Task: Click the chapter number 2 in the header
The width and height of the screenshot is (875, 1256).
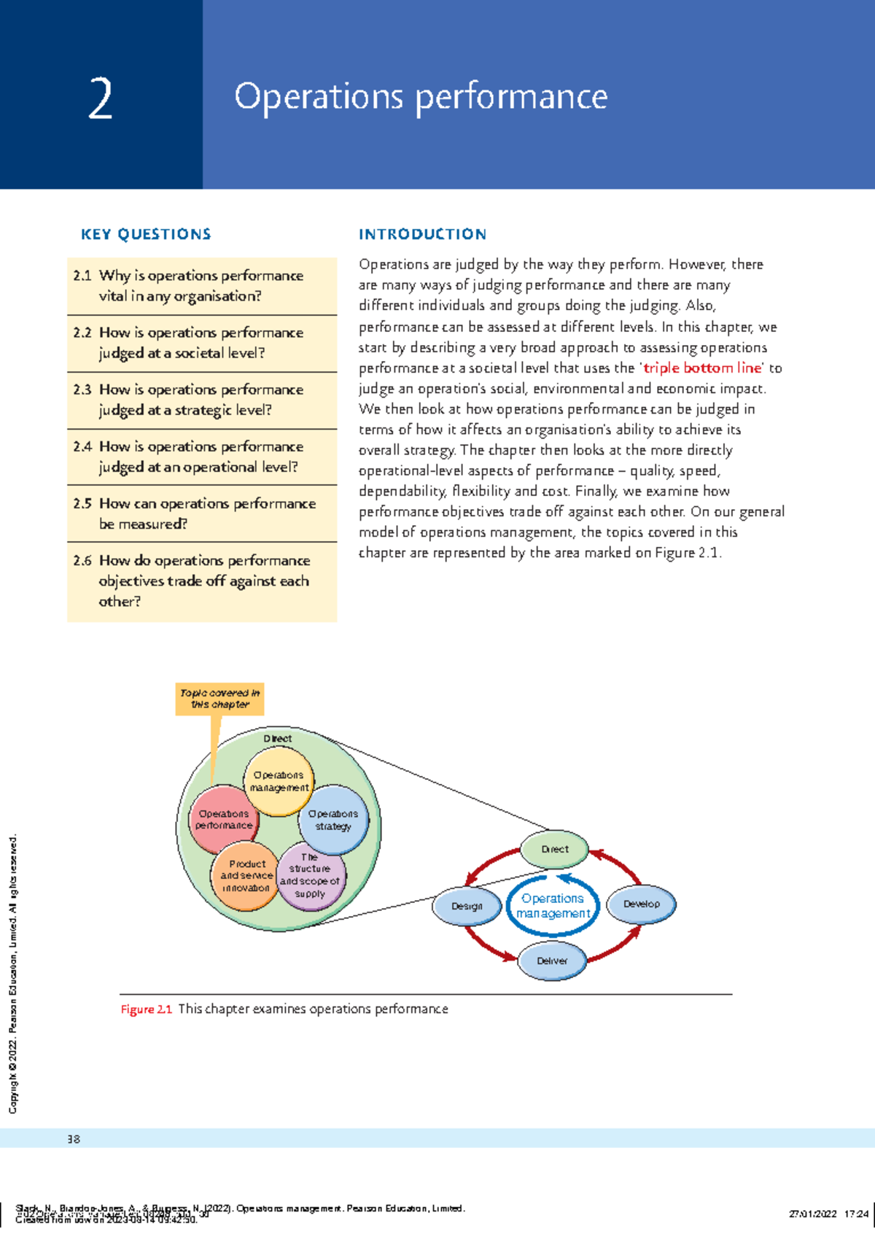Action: click(101, 99)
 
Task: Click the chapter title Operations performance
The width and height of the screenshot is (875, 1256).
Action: click(421, 97)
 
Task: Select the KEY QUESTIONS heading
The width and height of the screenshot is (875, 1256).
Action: click(146, 234)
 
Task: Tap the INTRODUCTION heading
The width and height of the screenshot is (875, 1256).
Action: click(422, 234)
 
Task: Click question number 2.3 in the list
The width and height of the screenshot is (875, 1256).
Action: click(82, 390)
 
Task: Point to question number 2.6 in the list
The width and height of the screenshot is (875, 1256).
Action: click(82, 561)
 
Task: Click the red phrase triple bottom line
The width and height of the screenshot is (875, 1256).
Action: click(702, 368)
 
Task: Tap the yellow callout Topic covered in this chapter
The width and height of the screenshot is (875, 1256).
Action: click(219, 699)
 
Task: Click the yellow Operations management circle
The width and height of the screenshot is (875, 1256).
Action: click(279, 781)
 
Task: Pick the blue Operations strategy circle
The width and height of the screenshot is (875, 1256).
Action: click(333, 820)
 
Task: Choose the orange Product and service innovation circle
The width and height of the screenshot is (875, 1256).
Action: click(246, 875)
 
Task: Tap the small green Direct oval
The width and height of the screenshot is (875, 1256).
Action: click(554, 849)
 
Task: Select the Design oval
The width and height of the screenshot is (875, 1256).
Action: click(467, 907)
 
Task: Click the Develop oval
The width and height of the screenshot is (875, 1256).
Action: click(641, 904)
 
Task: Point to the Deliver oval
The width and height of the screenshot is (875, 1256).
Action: click(552, 961)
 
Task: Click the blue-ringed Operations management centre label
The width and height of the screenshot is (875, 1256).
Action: click(553, 906)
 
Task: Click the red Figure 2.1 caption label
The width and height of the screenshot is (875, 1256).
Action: click(146, 1009)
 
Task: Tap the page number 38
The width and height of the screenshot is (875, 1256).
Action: click(74, 1139)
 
